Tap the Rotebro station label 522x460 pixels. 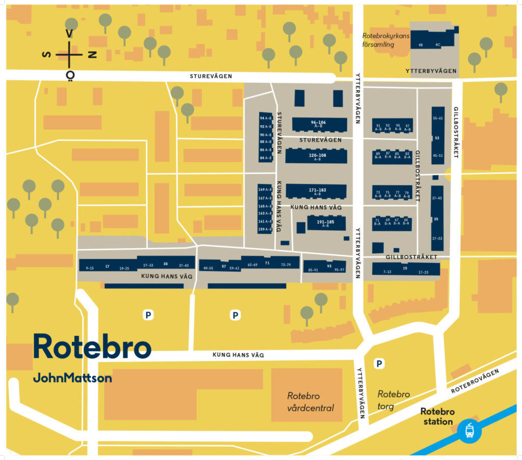pyautogui.click(x=437, y=417)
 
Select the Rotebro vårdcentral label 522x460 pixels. pyautogui.click(x=310, y=402)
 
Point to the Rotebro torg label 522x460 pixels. pyautogui.click(x=394, y=400)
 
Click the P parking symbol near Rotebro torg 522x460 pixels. pyautogui.click(x=379, y=364)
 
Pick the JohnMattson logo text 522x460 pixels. pyautogui.click(x=72, y=378)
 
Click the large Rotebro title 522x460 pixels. pyautogui.click(x=92, y=347)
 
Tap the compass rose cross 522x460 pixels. pyautogui.click(x=70, y=54)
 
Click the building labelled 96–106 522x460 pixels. pyautogui.click(x=318, y=124)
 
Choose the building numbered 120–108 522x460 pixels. pyautogui.click(x=317, y=156)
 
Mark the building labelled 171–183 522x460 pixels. pyautogui.click(x=317, y=191)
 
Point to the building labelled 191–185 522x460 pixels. pyautogui.click(x=326, y=223)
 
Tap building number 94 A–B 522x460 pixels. pyautogui.click(x=266, y=118)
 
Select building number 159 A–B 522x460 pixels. pyautogui.click(x=265, y=229)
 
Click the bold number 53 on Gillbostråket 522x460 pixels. pyautogui.click(x=437, y=138)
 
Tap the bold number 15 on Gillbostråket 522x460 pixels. pyautogui.click(x=405, y=268)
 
